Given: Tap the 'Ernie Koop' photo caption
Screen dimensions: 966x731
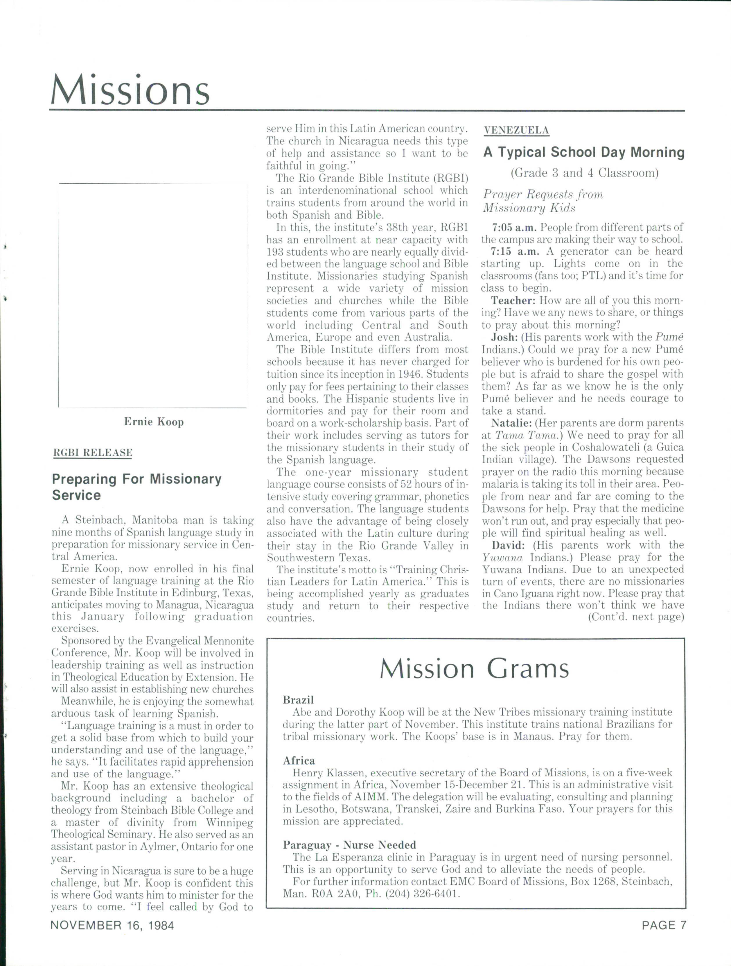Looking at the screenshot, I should tap(154, 422).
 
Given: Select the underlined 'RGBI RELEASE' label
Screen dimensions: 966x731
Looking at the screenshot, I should tap(93, 452).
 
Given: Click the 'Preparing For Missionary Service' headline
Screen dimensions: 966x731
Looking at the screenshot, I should tap(136, 487).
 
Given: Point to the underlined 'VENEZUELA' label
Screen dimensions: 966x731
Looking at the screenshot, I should tap(516, 130).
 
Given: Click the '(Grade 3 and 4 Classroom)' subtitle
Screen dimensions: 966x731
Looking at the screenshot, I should tap(584, 173).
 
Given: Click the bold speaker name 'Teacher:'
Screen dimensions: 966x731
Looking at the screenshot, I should tap(513, 301).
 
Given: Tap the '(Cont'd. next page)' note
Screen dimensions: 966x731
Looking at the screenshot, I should tap(635, 617).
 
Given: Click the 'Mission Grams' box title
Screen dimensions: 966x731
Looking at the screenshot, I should tap(474, 669).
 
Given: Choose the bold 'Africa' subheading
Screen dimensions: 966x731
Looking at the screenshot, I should tap(299, 760).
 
